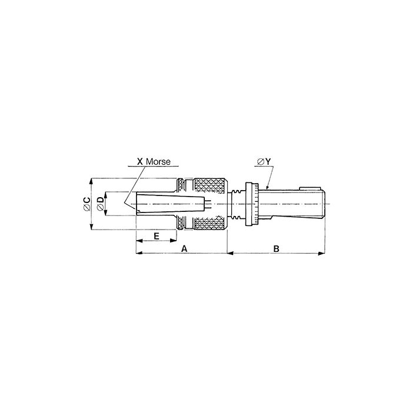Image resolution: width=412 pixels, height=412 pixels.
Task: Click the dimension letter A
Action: [184, 248]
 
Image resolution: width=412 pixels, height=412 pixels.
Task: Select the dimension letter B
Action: [276, 248]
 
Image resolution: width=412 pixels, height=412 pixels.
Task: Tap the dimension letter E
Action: [157, 236]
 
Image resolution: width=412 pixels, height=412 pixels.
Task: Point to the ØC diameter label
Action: [87, 204]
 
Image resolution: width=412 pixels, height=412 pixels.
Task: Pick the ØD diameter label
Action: [101, 204]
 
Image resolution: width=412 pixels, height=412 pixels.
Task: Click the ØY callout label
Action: [264, 162]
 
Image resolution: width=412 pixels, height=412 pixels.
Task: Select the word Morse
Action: [158, 161]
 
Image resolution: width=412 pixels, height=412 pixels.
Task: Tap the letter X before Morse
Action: [140, 161]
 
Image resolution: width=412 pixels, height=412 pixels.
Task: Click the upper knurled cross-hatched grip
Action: [210, 186]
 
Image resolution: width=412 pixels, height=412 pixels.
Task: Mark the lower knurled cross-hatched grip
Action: [210, 222]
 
